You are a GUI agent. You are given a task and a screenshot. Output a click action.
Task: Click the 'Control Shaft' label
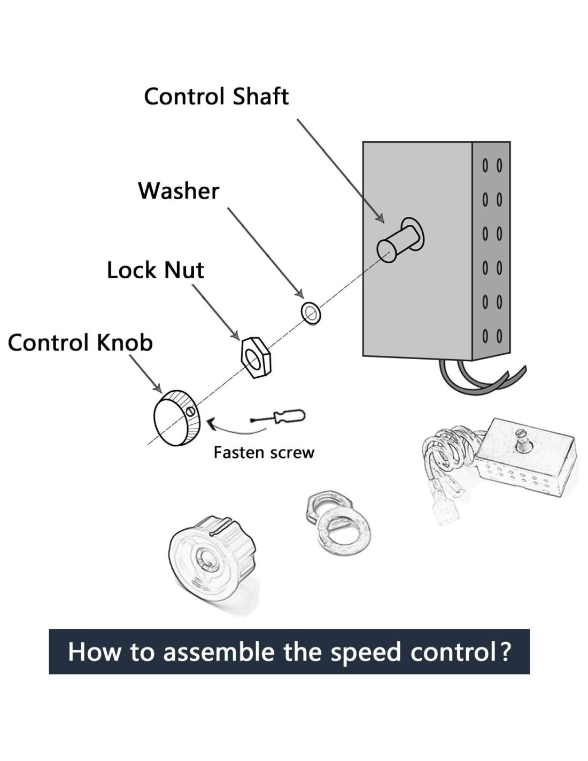216,97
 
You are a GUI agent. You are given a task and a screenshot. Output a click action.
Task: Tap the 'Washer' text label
179,191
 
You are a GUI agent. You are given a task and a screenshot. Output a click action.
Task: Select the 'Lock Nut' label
155,270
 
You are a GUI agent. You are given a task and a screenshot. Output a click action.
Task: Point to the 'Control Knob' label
80,343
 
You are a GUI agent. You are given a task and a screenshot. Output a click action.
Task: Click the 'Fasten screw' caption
264,453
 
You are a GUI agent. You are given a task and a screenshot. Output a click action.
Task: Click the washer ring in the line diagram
311,313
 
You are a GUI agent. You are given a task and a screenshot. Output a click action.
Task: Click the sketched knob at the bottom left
212,557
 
